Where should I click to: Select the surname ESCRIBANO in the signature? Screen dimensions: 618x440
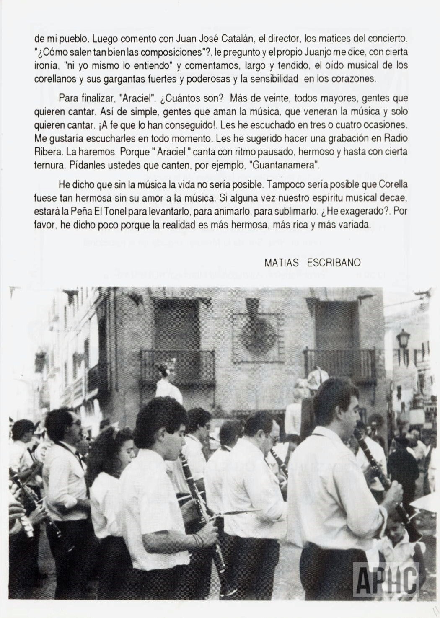(334, 263)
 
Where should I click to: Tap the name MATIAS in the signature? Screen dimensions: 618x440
(281, 263)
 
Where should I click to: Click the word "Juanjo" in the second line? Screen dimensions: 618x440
(299, 52)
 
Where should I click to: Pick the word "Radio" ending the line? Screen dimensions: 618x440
(395, 138)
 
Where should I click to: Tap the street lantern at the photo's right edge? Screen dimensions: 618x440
(403, 339)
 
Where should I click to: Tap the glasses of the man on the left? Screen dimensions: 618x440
(77, 424)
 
